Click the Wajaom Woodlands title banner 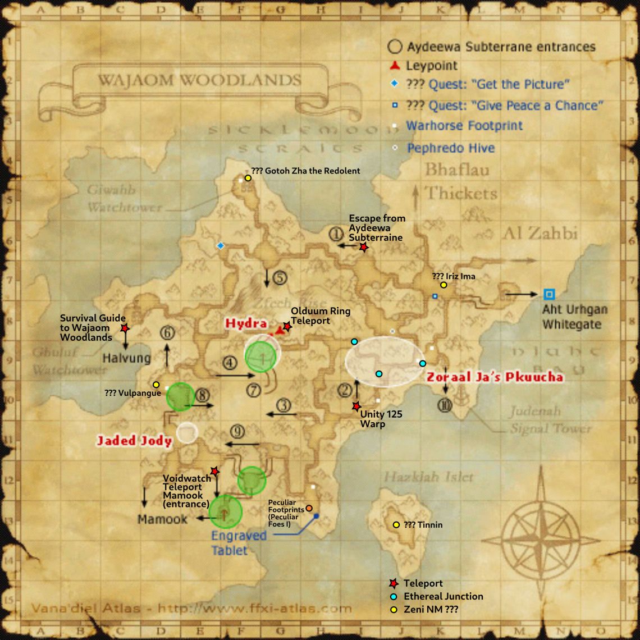click(x=199, y=80)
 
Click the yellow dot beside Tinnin click(x=396, y=525)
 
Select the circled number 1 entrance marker click(x=336, y=234)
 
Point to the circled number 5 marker click(x=280, y=277)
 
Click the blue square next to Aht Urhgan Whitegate click(x=549, y=294)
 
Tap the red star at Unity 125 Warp click(x=356, y=406)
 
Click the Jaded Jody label click(x=134, y=441)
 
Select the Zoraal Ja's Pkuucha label click(x=495, y=377)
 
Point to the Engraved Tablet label click(x=238, y=542)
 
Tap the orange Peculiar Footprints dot click(x=309, y=508)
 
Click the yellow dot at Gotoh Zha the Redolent click(x=248, y=177)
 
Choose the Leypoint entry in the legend click(x=432, y=66)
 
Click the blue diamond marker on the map click(x=221, y=245)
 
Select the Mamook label click(x=163, y=519)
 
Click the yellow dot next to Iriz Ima click(x=444, y=285)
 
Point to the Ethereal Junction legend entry click(x=443, y=596)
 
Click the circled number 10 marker click(x=445, y=404)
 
